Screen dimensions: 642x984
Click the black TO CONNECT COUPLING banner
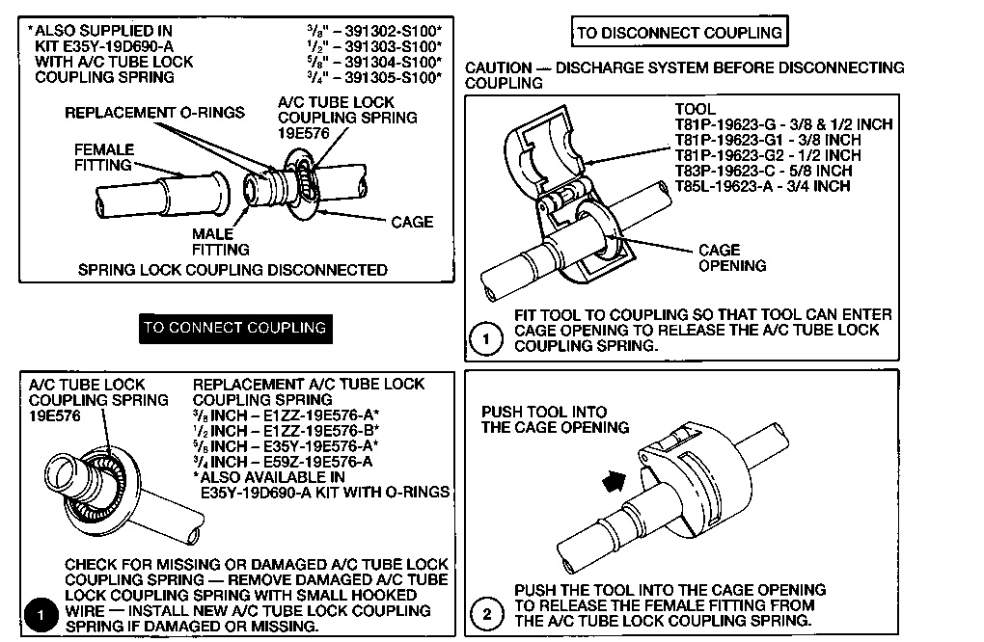[233, 328]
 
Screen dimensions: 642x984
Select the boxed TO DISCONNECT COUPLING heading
[678, 33]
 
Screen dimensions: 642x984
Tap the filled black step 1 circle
[41, 612]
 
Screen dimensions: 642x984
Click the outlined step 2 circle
[487, 612]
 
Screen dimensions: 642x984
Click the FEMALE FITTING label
[104, 158]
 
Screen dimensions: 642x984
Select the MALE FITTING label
[220, 242]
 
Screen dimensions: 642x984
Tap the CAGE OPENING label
[732, 258]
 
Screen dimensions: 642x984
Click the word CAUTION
[498, 68]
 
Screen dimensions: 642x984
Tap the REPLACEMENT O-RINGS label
[154, 113]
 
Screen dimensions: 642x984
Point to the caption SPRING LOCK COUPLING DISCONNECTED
[232, 270]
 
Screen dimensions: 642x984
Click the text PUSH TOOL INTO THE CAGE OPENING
[555, 419]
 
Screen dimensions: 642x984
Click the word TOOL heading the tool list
[695, 109]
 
